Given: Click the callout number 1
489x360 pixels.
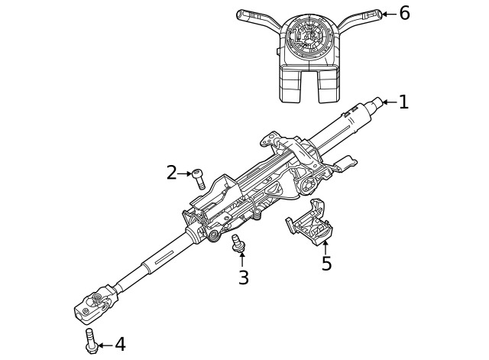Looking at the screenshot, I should [403, 102].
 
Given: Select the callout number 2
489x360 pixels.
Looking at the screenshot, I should [172, 173].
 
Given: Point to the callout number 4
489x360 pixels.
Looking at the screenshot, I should [120, 345].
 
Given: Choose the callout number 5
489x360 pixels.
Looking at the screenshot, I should [326, 264].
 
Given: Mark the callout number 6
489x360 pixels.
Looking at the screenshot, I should [404, 13].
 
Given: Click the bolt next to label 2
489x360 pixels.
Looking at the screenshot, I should [199, 179].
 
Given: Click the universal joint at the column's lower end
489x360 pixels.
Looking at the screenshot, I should [96, 302].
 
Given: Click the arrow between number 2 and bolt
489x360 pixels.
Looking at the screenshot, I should [186, 174].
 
